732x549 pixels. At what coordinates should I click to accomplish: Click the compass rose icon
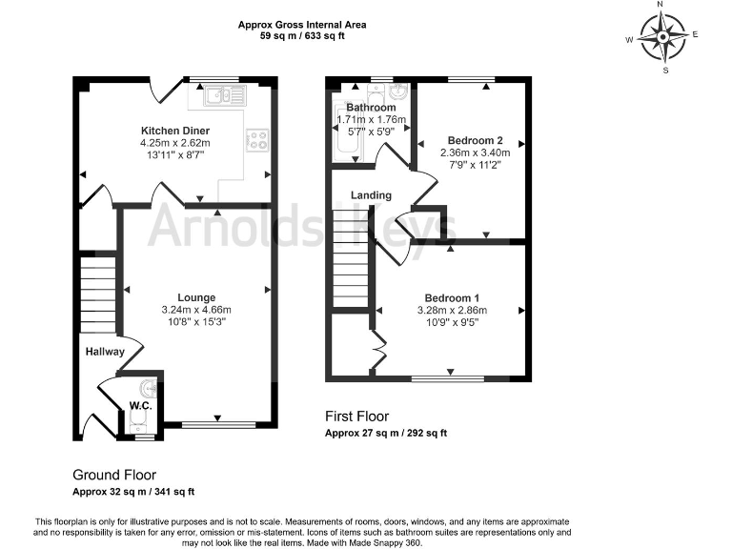coord(662,37)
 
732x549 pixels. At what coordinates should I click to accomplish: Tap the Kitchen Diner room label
coord(175,131)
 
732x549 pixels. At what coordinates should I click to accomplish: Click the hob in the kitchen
coord(257,139)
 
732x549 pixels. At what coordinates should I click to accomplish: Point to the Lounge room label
coord(195,297)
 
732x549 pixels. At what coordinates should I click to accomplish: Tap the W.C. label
coord(141,405)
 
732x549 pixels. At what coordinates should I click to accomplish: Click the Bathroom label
coord(371,108)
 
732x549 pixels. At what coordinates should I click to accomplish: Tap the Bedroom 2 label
coord(475,140)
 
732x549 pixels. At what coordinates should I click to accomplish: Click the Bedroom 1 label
coord(452,298)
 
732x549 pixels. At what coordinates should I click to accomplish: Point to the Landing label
coord(371,195)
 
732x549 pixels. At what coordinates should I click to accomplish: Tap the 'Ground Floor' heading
coord(114,475)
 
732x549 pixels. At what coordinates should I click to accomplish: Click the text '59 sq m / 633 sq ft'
coord(303,35)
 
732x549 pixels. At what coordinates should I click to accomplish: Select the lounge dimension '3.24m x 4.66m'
coord(195,310)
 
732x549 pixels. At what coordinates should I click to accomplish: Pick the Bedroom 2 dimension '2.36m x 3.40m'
coord(475,152)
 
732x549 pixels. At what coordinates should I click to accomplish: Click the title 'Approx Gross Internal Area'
coord(303,24)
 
